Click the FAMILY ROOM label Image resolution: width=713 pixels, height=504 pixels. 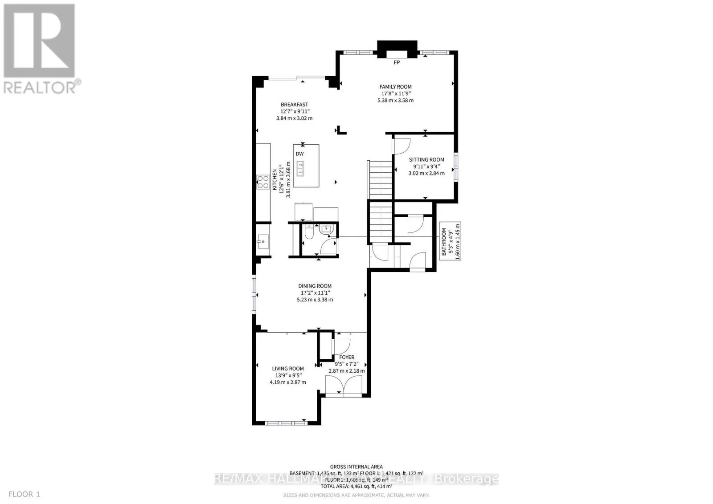[x=395, y=87]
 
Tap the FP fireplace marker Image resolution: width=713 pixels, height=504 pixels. [x=397, y=63]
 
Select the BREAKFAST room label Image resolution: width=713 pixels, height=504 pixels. [x=294, y=105]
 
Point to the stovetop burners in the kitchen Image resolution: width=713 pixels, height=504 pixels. [x=263, y=183]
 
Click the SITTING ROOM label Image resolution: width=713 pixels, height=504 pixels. [x=426, y=159]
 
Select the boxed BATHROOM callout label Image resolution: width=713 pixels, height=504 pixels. [x=444, y=241]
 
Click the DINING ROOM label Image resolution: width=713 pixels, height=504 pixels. [x=315, y=286]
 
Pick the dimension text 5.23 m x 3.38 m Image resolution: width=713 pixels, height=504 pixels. [x=315, y=300]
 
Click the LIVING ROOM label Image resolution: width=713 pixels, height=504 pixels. [x=288, y=369]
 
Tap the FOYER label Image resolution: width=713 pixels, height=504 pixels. [x=347, y=357]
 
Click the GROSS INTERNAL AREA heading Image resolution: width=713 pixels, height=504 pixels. [x=356, y=467]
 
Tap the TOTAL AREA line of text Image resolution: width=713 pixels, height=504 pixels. [x=356, y=487]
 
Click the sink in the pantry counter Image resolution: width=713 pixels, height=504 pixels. [x=262, y=243]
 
